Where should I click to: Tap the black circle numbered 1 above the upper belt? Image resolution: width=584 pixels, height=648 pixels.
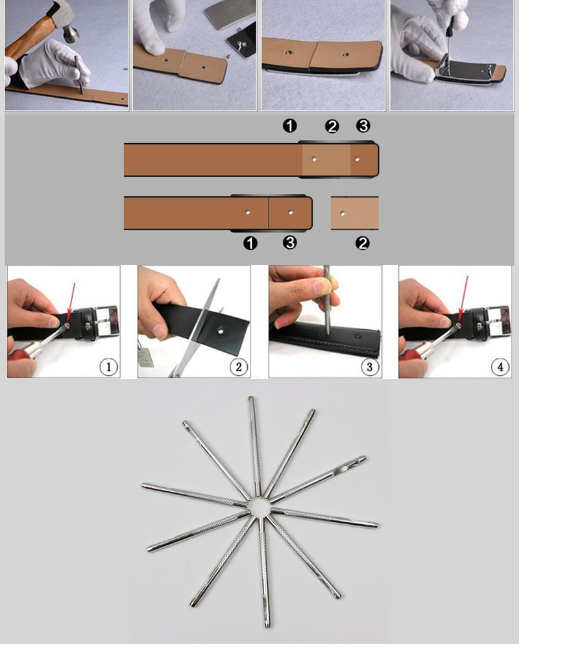289,126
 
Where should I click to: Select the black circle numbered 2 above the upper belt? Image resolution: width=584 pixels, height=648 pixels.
332,126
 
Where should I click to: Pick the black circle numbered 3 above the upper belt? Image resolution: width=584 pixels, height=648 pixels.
363,126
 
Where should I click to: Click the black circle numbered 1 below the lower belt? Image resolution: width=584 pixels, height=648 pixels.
250,243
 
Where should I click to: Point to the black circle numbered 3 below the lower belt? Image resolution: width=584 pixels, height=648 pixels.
289,242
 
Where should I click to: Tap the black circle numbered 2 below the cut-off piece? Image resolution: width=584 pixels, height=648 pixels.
363,243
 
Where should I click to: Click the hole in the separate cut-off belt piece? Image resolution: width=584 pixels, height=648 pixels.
342,214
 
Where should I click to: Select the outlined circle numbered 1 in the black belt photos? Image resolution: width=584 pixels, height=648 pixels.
109,367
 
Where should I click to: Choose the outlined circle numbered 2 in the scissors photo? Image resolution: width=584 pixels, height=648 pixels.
239,367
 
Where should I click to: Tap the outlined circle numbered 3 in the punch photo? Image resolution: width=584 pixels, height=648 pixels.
370,367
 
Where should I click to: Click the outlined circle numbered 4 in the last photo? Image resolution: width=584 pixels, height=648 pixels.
500,367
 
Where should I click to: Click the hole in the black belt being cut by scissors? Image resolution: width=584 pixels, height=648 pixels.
221,330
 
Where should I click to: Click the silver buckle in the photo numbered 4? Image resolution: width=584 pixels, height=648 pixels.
498,320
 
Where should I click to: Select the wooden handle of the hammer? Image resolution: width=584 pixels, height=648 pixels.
29,38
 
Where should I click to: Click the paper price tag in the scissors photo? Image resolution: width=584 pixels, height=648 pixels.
146,357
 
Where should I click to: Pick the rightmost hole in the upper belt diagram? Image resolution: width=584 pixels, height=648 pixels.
357,159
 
